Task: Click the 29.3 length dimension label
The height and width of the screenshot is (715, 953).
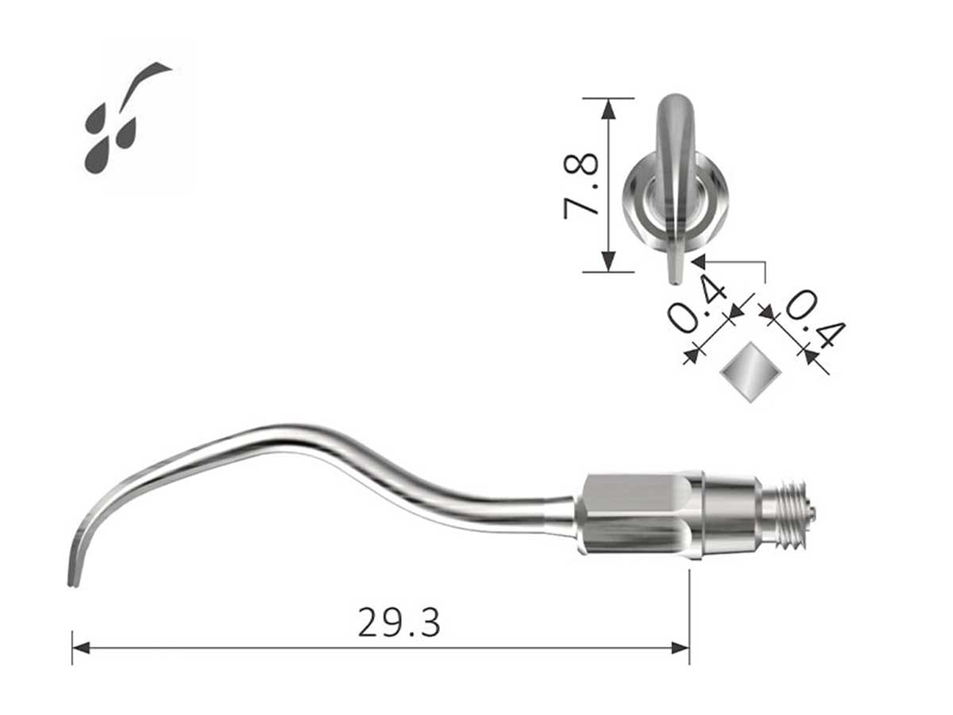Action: pyautogui.click(x=399, y=622)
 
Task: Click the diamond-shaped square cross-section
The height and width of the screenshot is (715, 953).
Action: pyautogui.click(x=747, y=372)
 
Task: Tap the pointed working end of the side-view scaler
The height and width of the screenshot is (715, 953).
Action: pyautogui.click(x=71, y=582)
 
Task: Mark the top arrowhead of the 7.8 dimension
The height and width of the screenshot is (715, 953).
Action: pyautogui.click(x=608, y=106)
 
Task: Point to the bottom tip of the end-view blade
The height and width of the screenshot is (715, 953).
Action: pyautogui.click(x=673, y=279)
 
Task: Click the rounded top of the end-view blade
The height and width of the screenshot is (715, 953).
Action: pyautogui.click(x=676, y=100)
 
